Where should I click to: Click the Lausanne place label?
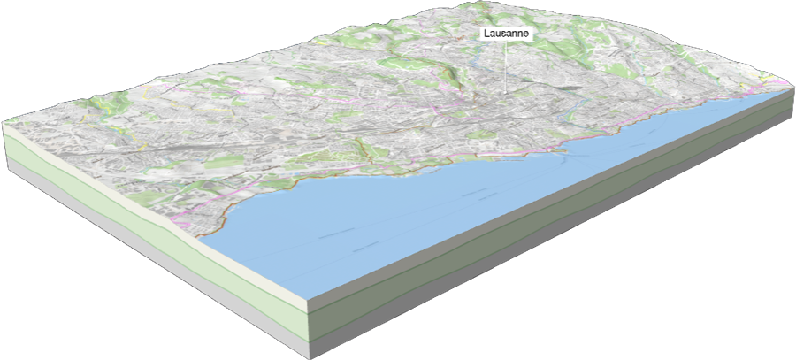(x=505, y=33)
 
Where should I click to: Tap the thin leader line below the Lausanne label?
(x=505, y=66)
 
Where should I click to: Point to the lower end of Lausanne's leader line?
(x=505, y=93)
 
